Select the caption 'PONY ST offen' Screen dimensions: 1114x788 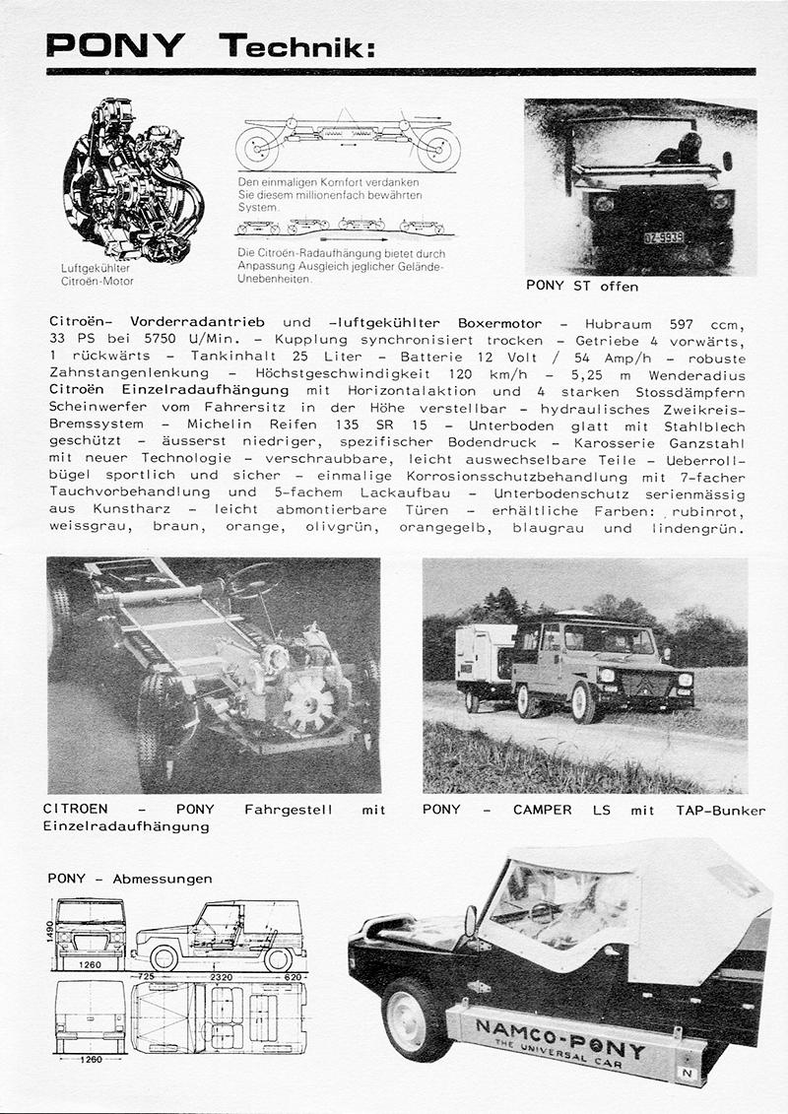tap(583, 287)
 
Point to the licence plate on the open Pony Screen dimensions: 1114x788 tap(665, 237)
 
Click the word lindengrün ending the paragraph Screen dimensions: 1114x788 tap(701, 528)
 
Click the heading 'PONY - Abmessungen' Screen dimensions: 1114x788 tap(129, 879)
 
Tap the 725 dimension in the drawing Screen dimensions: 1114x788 tap(146, 976)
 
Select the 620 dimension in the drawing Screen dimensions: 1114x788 tap(293, 976)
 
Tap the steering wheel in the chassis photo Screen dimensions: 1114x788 tap(251, 581)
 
